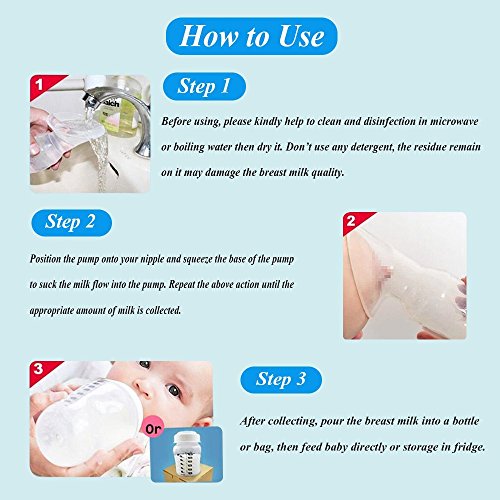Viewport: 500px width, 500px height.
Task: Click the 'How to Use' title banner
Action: click(x=252, y=36)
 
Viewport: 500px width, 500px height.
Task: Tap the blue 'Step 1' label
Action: click(x=204, y=86)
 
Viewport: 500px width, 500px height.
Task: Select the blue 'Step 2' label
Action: click(x=71, y=222)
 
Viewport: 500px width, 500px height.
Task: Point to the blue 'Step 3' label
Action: click(x=281, y=380)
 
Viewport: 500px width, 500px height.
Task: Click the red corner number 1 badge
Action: click(x=42, y=85)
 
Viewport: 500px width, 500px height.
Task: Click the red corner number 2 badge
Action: click(x=354, y=221)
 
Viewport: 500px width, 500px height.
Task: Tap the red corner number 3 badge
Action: click(x=41, y=370)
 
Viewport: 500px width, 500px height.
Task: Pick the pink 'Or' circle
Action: click(x=153, y=429)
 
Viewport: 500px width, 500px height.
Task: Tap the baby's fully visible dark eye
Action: click(x=174, y=390)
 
